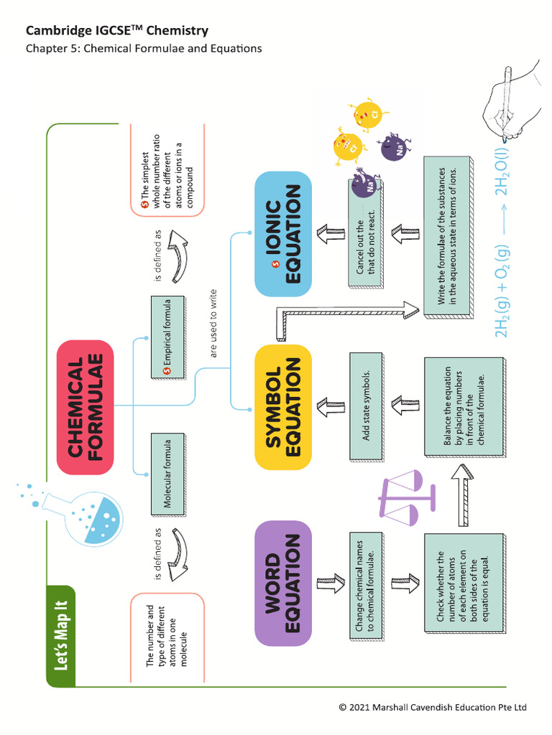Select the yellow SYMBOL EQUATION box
(x=282, y=407)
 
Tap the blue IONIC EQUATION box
(x=282, y=234)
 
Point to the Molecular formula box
(x=165, y=474)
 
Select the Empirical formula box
(x=165, y=338)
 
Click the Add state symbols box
(x=367, y=406)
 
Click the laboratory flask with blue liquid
(x=93, y=513)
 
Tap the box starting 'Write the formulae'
(x=447, y=237)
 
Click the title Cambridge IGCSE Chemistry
(x=117, y=31)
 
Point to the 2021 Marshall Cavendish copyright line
(x=433, y=707)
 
